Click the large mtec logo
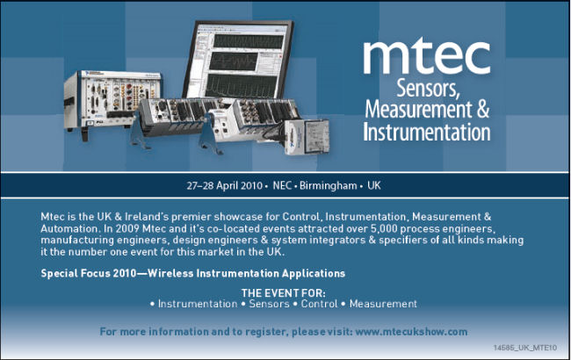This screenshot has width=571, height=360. (426, 57)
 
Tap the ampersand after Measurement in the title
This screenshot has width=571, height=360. (481, 112)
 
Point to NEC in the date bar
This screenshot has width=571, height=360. (282, 186)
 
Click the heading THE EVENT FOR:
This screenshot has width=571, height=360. (284, 292)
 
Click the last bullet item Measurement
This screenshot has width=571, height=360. (383, 304)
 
